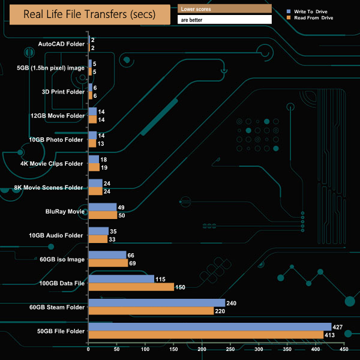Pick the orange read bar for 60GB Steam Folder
click(151, 311)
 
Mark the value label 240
click(232, 303)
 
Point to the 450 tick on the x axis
click(344, 349)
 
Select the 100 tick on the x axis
click(145, 349)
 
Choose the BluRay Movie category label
click(64, 211)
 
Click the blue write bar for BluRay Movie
click(102, 207)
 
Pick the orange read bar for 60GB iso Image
click(108, 263)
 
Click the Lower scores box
click(225, 10)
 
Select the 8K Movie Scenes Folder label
click(49, 188)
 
